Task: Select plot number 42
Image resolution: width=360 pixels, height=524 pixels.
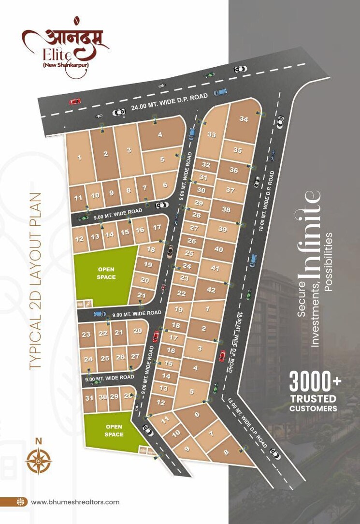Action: tap(211, 290)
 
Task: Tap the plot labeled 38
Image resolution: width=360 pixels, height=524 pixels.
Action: tap(226, 210)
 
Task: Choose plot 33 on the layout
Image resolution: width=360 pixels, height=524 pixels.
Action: tap(212, 135)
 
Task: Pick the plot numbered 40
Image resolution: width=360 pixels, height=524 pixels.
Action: tap(218, 249)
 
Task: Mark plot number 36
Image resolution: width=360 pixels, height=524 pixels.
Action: tap(234, 170)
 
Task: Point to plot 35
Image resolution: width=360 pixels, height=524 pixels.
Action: tap(237, 150)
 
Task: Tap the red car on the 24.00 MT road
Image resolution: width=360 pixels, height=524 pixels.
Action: tap(75, 102)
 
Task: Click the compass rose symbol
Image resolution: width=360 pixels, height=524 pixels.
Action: tap(38, 461)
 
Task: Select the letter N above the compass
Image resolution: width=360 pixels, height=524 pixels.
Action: tap(38, 440)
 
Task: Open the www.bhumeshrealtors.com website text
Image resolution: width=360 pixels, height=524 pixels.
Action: tap(75, 502)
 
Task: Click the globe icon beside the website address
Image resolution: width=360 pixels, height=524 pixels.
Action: tap(20, 502)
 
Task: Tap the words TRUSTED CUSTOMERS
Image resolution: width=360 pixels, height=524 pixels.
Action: tap(313, 404)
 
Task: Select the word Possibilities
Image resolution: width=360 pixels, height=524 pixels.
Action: tap(329, 262)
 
